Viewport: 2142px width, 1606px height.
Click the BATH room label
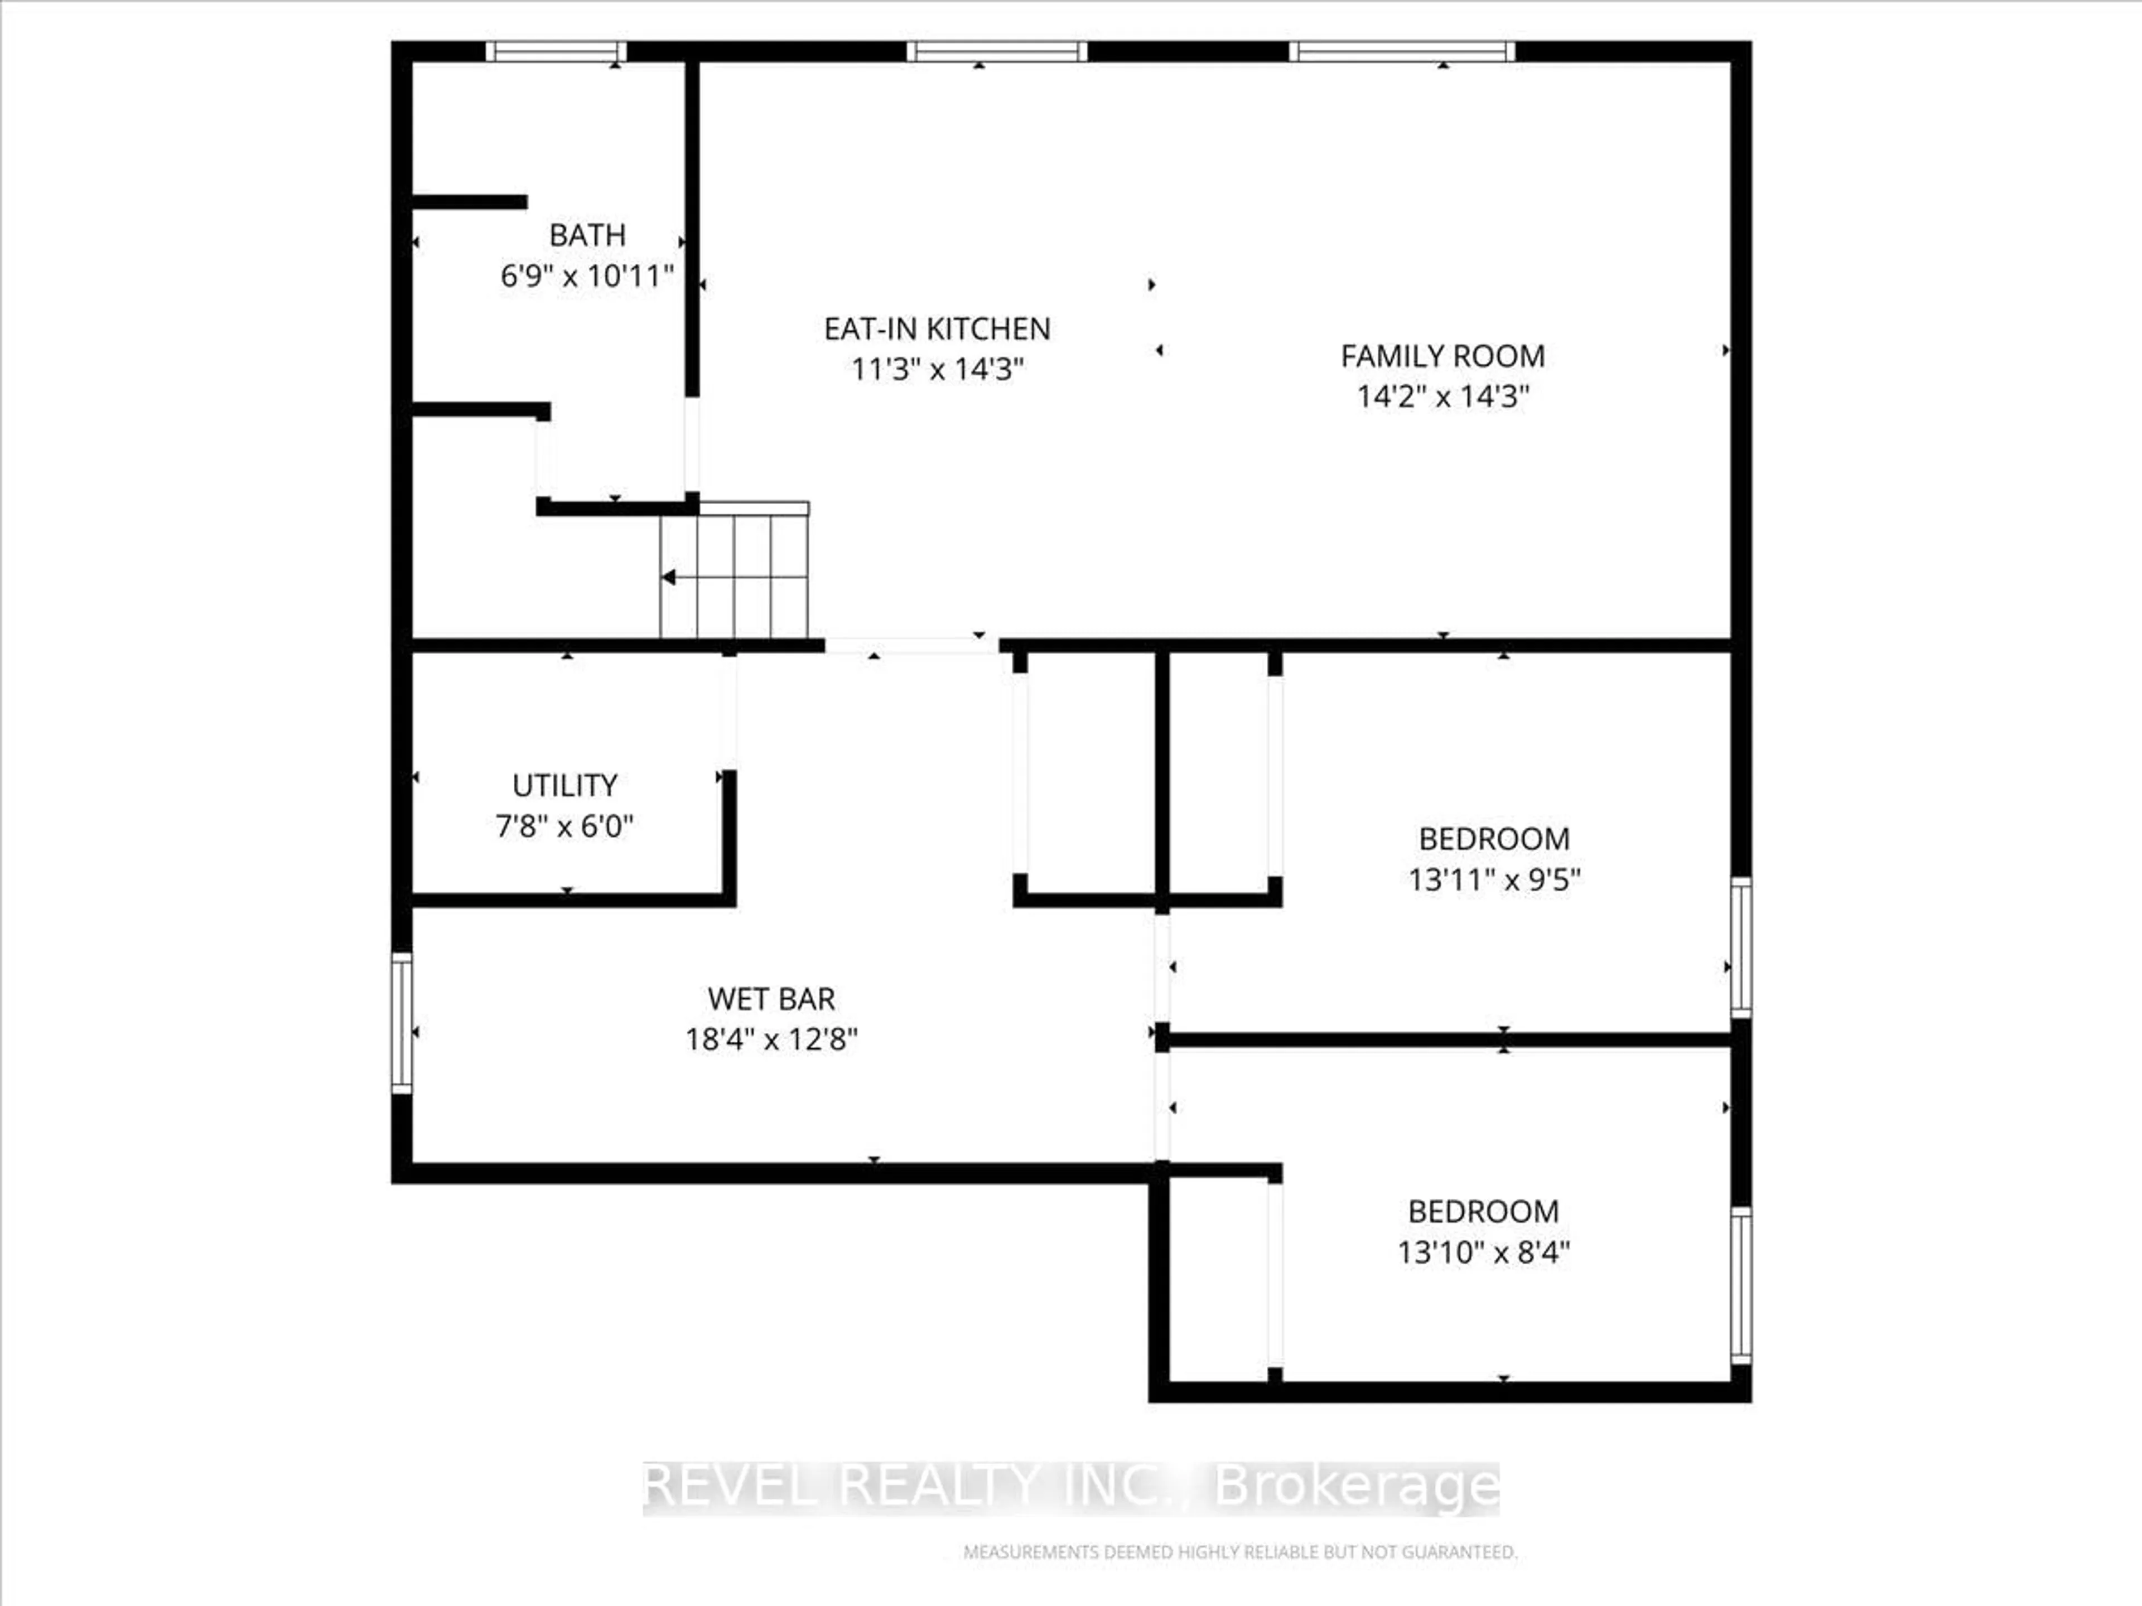click(x=587, y=235)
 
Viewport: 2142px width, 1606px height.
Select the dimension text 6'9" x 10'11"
click(x=587, y=277)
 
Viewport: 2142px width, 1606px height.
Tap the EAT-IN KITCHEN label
click(x=937, y=329)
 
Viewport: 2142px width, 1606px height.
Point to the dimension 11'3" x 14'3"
click(x=937, y=370)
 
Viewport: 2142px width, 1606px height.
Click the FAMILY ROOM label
click(x=1442, y=356)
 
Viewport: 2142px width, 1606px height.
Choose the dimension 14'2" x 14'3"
click(x=1442, y=397)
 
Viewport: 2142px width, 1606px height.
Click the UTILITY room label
click(x=565, y=785)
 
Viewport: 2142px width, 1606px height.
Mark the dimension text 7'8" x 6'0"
click(x=565, y=827)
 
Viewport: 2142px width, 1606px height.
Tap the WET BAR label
click(x=771, y=999)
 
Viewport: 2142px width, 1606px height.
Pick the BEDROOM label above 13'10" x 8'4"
click(x=1483, y=1212)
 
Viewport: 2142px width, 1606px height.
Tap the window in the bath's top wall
click(x=556, y=51)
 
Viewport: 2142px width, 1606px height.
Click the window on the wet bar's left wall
click(x=401, y=1023)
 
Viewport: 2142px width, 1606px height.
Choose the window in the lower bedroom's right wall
click(x=1740, y=1285)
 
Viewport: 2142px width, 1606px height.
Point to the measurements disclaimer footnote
click(x=1239, y=1553)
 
